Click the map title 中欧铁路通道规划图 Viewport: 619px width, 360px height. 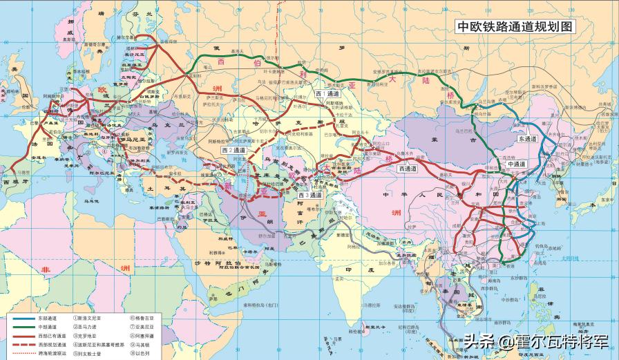pos(515,27)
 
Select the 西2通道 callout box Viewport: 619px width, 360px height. pos(234,150)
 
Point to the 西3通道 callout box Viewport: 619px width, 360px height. pos(310,196)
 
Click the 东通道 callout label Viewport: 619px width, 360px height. pos(527,139)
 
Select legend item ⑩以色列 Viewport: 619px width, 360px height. pos(142,352)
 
